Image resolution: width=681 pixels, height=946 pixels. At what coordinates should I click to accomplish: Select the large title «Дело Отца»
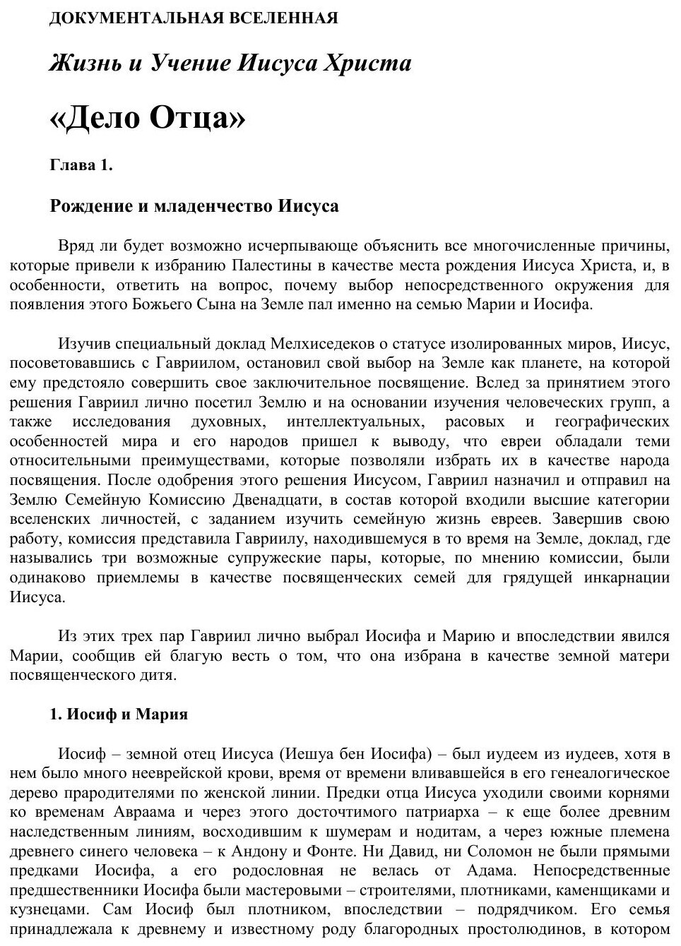coord(148,117)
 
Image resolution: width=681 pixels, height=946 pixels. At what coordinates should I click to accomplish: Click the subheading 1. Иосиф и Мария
coord(119,714)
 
